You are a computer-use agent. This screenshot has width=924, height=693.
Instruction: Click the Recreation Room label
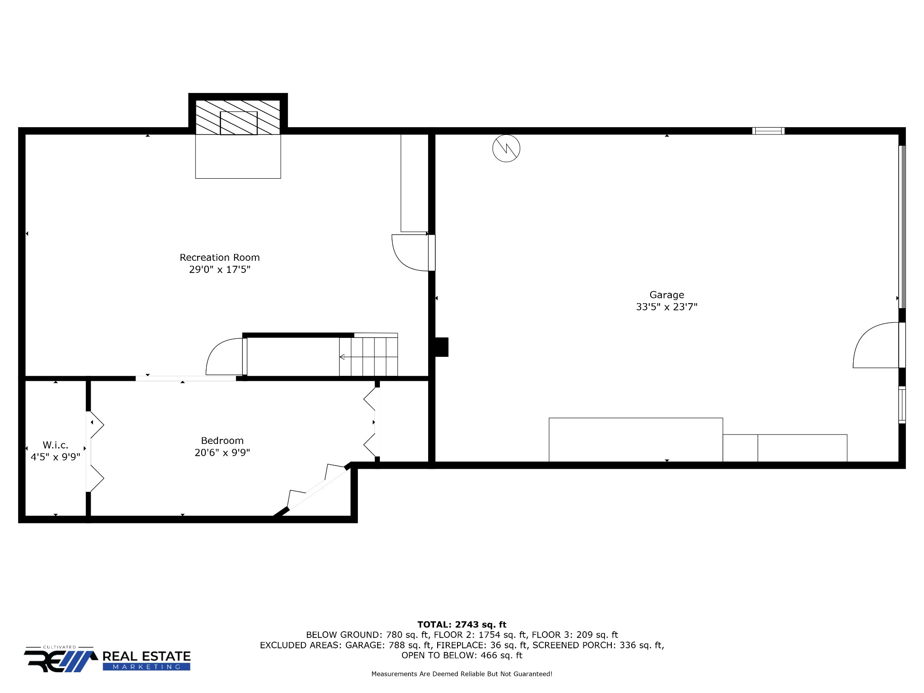pos(220,258)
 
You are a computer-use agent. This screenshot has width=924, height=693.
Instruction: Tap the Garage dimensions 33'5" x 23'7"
pos(666,307)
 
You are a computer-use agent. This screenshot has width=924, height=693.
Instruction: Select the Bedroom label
pos(222,440)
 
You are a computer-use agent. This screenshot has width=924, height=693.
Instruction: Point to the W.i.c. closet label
pos(55,445)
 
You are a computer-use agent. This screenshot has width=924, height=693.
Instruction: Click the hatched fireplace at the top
pos(238,117)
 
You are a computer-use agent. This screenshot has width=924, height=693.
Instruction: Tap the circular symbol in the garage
pos(506,148)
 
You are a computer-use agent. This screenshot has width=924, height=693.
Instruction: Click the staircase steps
pos(369,356)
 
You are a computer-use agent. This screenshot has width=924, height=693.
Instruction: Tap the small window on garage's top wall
pos(768,131)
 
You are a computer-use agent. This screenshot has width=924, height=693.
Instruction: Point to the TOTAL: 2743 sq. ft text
pos(462,624)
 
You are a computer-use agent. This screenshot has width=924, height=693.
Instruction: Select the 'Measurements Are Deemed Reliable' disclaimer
pos(462,674)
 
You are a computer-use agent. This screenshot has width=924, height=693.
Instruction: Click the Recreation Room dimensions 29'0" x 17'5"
pos(220,270)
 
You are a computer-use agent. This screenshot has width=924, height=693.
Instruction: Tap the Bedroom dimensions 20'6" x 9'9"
pos(222,453)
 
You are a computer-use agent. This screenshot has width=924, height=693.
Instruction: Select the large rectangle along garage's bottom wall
pos(636,440)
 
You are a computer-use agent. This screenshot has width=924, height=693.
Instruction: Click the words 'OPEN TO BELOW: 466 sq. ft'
pos(462,656)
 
